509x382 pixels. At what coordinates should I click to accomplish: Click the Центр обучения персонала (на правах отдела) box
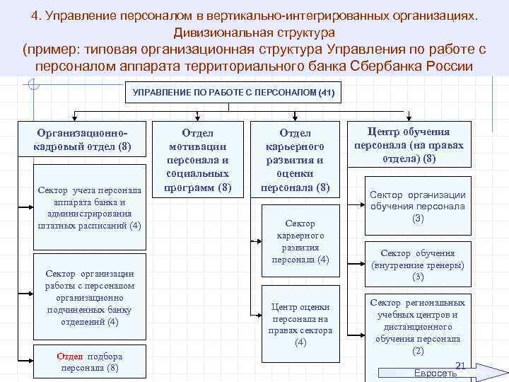[x=409, y=145]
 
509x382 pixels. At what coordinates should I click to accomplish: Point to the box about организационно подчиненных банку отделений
[x=90, y=297]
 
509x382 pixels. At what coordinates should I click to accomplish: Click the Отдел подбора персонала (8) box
[x=90, y=362]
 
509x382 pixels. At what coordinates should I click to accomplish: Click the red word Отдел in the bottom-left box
[x=70, y=356]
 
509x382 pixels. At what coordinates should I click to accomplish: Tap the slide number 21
[x=459, y=365]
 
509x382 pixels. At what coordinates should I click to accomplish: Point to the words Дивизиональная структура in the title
[x=254, y=33]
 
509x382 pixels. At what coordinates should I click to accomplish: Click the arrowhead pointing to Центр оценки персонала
[x=257, y=311]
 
